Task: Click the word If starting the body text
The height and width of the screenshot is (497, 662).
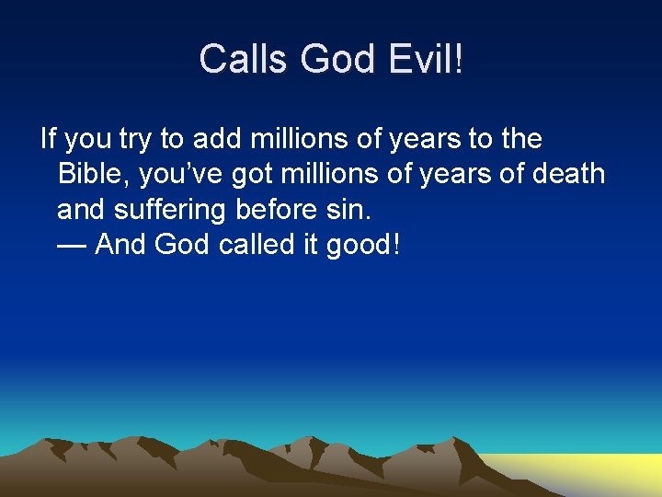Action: tap(48, 139)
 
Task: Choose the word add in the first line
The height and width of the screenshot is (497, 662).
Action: tap(217, 139)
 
